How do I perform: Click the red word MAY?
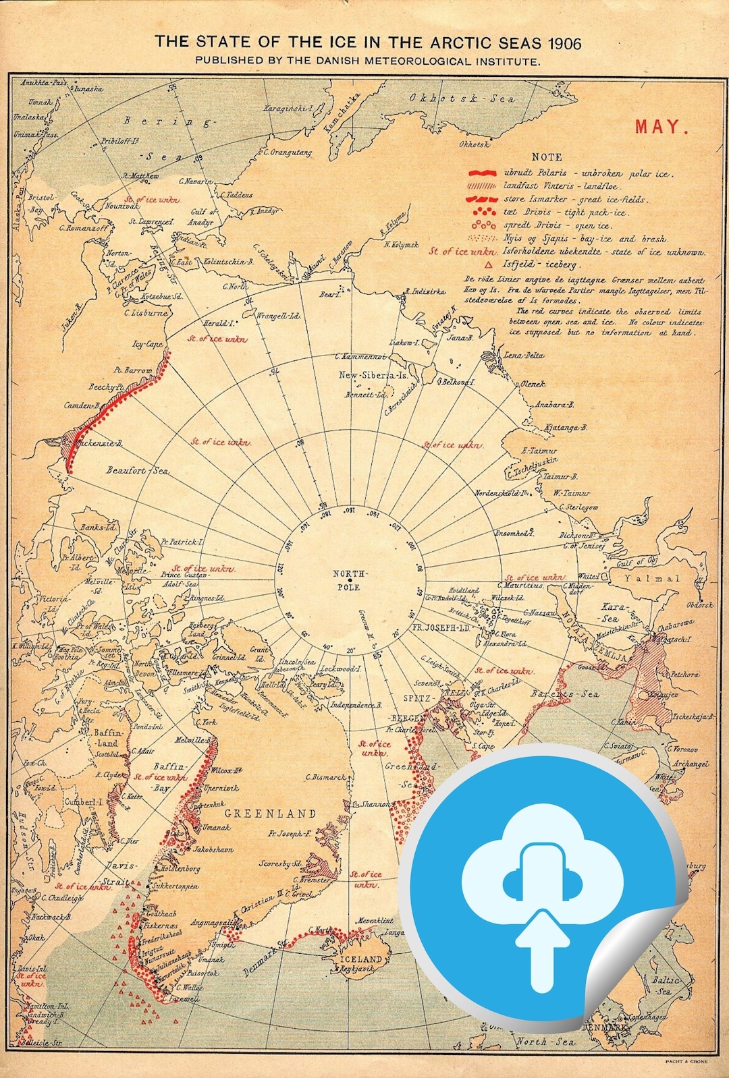(661, 127)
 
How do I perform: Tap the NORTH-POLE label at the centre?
(350, 580)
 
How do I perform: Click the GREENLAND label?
(270, 814)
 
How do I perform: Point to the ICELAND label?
(360, 959)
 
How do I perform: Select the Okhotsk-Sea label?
(462, 98)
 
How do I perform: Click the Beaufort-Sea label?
(137, 470)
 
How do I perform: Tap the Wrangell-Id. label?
(278, 315)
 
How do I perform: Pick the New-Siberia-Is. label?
(373, 375)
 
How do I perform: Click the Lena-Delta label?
(523, 355)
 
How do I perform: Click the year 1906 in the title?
(564, 43)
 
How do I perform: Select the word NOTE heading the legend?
(547, 157)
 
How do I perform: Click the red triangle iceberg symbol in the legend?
(488, 265)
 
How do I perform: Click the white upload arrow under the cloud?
(542, 948)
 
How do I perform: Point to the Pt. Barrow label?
(132, 370)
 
